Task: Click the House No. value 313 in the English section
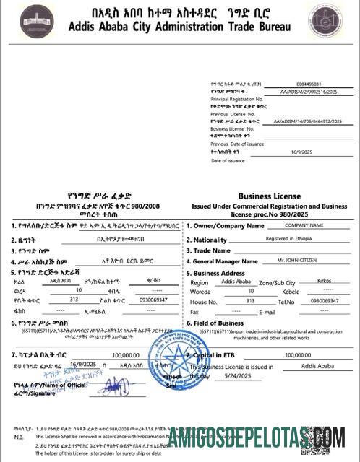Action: [x=251, y=300]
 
